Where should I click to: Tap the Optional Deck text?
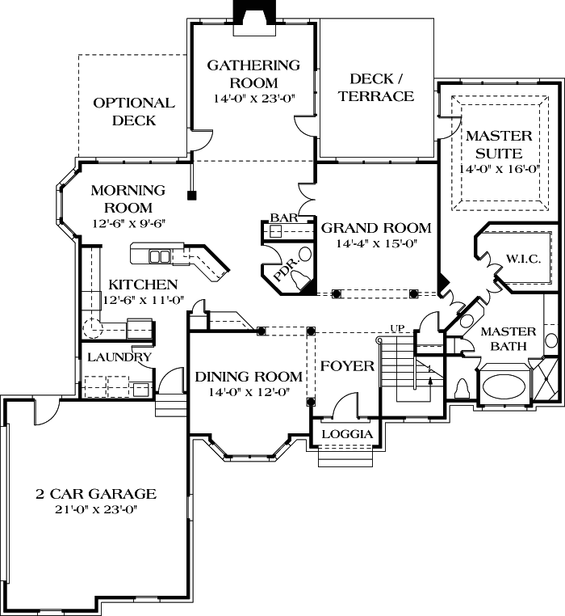134,112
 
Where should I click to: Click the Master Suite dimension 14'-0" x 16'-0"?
498,170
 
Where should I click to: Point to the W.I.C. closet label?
523,259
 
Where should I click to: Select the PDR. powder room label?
291,264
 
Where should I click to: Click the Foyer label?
347,366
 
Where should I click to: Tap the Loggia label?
346,434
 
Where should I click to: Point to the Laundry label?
119,357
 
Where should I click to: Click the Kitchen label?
143,285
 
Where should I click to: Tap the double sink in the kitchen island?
160,257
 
